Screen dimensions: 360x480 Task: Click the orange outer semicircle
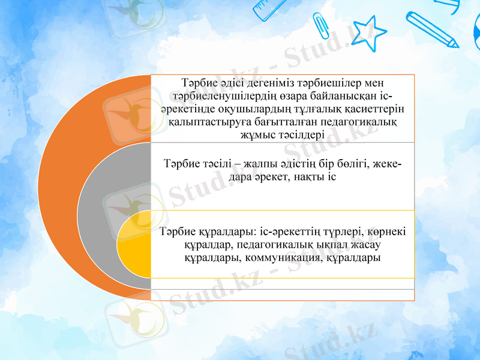coord(72,180)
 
